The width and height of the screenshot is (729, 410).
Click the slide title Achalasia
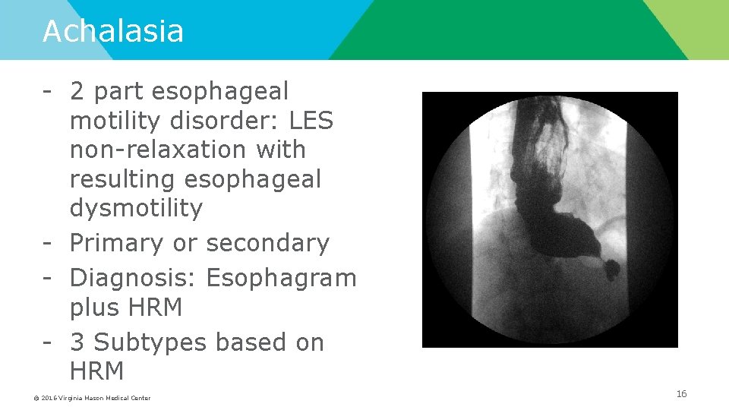pos(113,31)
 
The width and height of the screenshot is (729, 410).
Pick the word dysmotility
pos(136,209)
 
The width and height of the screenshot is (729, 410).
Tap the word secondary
pos(267,243)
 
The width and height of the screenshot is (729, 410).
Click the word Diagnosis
pos(134,278)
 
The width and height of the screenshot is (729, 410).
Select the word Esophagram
pos(281,278)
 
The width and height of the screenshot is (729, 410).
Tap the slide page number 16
pos(681,393)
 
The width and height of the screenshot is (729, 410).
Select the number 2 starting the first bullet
pos(77,91)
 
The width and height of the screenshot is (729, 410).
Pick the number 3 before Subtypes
pos(77,342)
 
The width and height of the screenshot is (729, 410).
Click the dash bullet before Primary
pos(47,243)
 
